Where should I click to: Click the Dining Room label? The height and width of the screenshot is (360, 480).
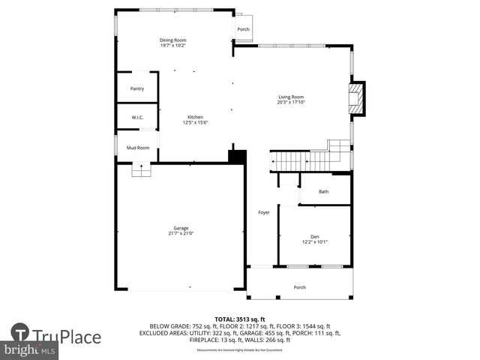pos(172,40)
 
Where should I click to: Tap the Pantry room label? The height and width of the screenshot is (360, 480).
pos(137,88)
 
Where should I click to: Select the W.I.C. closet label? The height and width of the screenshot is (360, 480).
pos(137,117)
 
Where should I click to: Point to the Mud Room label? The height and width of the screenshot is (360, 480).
pos(137,148)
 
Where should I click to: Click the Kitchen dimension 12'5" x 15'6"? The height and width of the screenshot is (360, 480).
pos(195,122)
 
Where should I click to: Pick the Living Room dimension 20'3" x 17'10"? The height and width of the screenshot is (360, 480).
pos(291,102)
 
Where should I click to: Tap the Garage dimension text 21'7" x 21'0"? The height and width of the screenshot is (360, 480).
pos(181,233)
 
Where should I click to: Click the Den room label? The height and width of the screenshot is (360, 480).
pos(314,235)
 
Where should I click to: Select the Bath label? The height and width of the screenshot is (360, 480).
pos(323,192)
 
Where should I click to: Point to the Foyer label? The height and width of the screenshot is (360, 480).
pos(263,212)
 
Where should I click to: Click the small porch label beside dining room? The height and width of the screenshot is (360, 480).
pos(243,30)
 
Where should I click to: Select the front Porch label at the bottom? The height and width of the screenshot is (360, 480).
pos(299,287)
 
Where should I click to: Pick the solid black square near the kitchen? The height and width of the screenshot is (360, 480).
pos(237,157)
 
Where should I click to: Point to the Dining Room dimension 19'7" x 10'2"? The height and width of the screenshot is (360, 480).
pos(172,46)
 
